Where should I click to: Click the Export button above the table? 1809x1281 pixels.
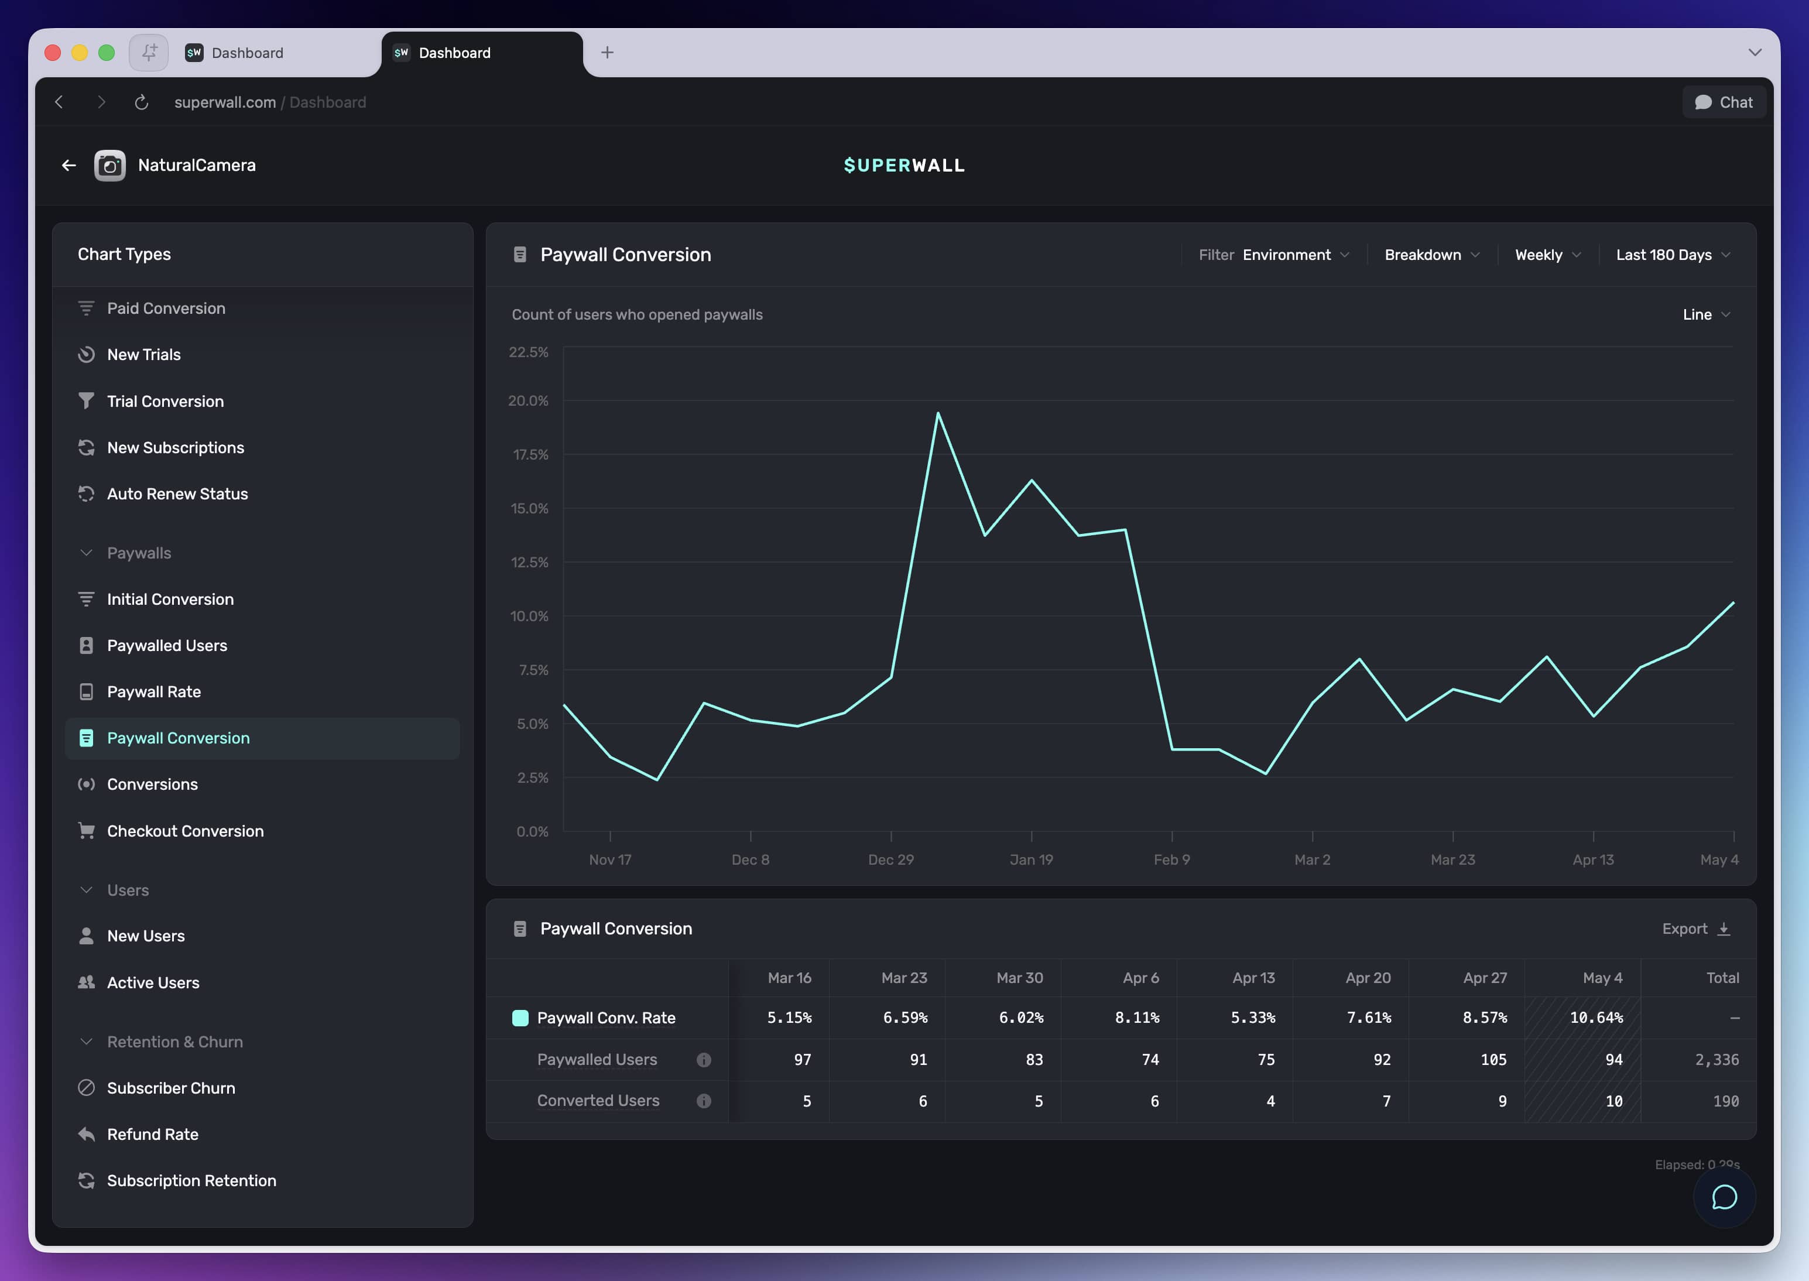pos(1695,929)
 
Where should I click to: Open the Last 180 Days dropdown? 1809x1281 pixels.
pos(1673,255)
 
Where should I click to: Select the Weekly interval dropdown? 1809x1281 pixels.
pos(1547,255)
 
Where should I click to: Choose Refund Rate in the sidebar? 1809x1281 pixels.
pos(152,1134)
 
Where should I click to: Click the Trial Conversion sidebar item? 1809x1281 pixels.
pos(165,402)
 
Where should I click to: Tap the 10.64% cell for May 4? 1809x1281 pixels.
pos(1596,1018)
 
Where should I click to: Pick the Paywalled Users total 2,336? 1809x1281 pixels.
pos(1717,1059)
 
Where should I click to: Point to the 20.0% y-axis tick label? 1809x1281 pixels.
pos(528,400)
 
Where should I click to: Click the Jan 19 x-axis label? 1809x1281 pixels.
pos(1032,860)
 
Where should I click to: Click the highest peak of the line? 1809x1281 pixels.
pos(938,413)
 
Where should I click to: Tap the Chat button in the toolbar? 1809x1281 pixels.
pos(1724,102)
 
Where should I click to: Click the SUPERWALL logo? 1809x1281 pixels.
pos(904,166)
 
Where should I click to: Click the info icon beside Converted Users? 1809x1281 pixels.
pos(704,1101)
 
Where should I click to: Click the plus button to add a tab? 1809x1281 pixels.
pos(607,53)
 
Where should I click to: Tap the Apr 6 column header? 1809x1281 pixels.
pos(1140,978)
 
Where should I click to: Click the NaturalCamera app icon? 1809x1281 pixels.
pos(109,166)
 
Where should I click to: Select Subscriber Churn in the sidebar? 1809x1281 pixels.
pos(156,1088)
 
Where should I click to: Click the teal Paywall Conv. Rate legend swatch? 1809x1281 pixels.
pos(520,1018)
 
